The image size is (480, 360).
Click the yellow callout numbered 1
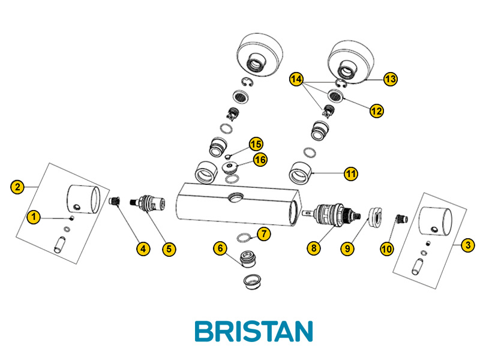[x=34, y=217]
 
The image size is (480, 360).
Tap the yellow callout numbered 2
[x=19, y=187]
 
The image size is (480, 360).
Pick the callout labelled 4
[x=143, y=247]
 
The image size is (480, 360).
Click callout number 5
[x=169, y=247]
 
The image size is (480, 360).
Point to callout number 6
[x=221, y=247]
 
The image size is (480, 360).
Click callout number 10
[x=387, y=247]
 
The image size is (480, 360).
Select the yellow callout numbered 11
[x=351, y=174]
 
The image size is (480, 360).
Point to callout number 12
[x=376, y=111]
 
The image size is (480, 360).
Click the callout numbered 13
[x=391, y=79]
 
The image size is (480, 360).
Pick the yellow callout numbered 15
[x=256, y=144]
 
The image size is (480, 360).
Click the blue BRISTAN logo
[x=254, y=331]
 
